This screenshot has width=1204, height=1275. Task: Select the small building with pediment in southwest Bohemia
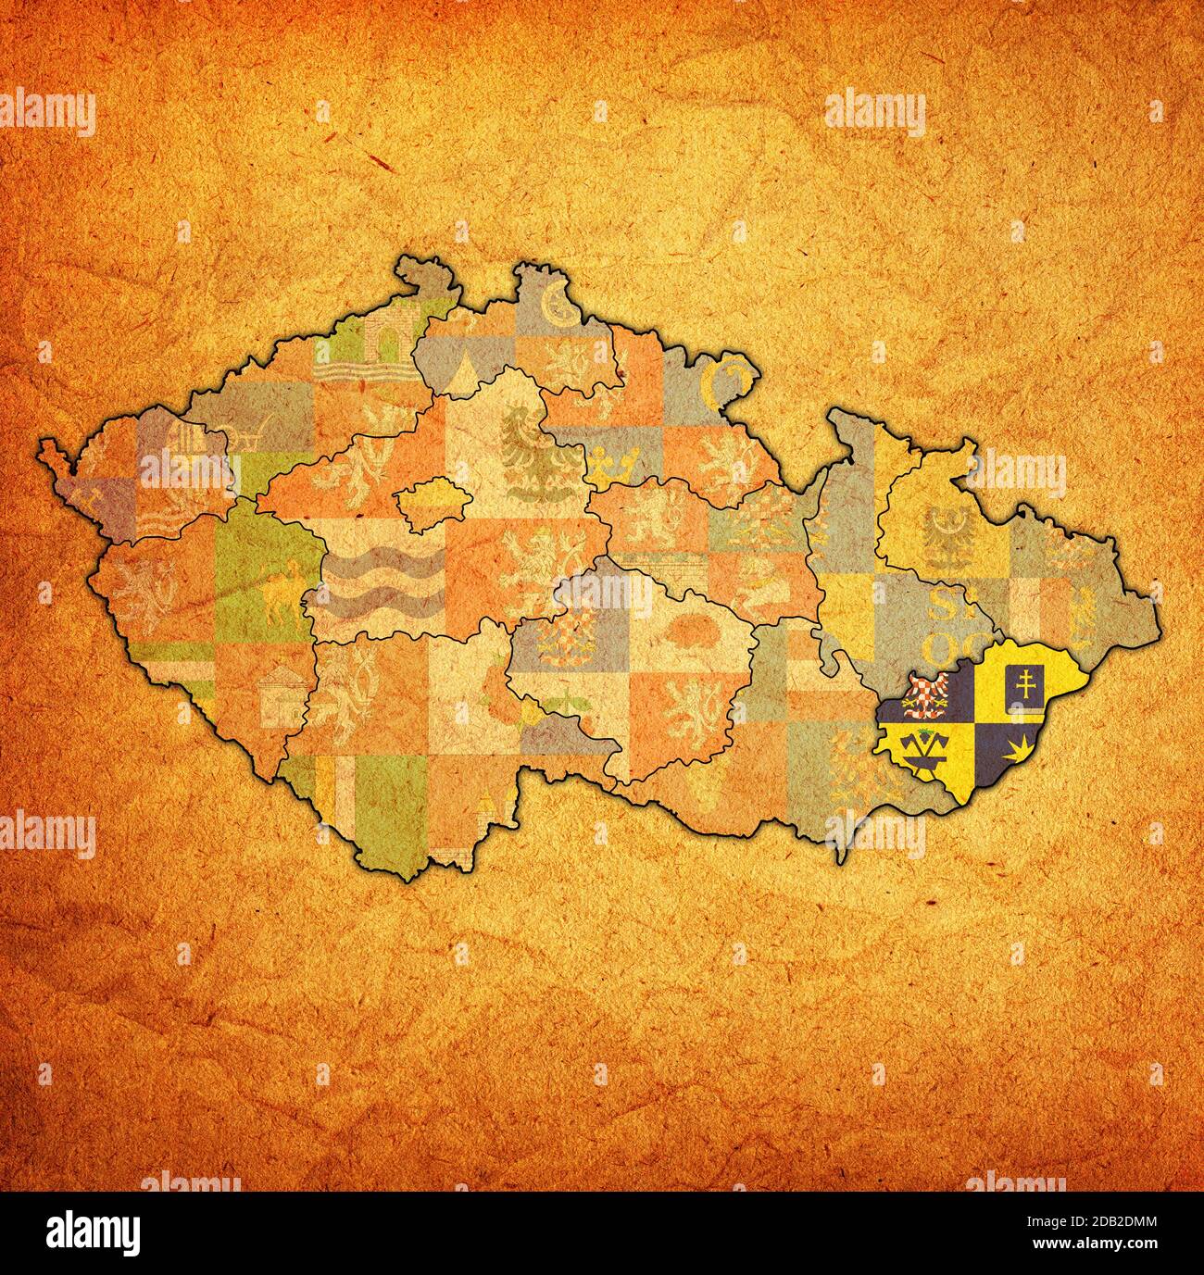(285, 694)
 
